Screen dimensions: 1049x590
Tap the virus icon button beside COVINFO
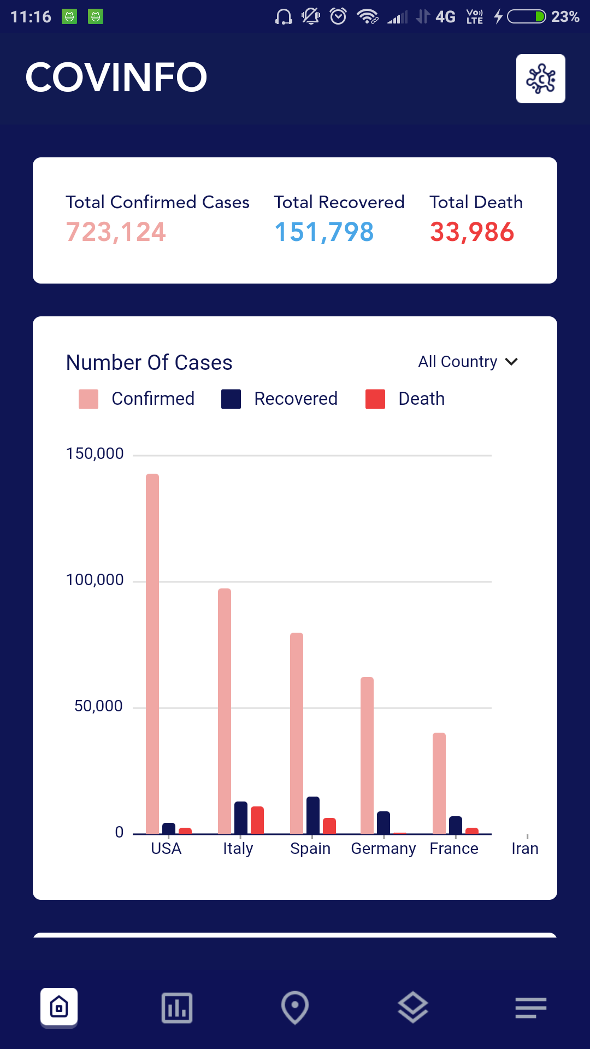[x=540, y=79]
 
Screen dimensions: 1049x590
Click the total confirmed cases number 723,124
[x=116, y=232]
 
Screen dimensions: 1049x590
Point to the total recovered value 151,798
[x=324, y=232]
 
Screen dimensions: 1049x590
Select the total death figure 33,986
[x=472, y=232]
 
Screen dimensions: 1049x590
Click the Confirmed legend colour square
[x=88, y=399]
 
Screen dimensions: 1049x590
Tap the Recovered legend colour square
[x=231, y=399]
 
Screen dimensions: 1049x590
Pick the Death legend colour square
[x=375, y=399]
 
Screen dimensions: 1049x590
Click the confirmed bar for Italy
[x=225, y=711]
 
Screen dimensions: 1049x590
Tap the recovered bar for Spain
[x=313, y=815]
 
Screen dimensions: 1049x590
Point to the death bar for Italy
[x=257, y=820]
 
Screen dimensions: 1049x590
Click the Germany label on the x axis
[x=383, y=848]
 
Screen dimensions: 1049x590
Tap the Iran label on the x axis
[x=525, y=848]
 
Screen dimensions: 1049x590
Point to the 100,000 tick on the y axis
[x=95, y=580]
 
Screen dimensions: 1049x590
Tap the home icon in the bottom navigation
[x=59, y=1007]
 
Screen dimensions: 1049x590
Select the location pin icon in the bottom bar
[x=295, y=1007]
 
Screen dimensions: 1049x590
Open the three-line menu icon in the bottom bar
[x=530, y=1007]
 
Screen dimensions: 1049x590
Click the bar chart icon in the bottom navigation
[x=177, y=1007]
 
